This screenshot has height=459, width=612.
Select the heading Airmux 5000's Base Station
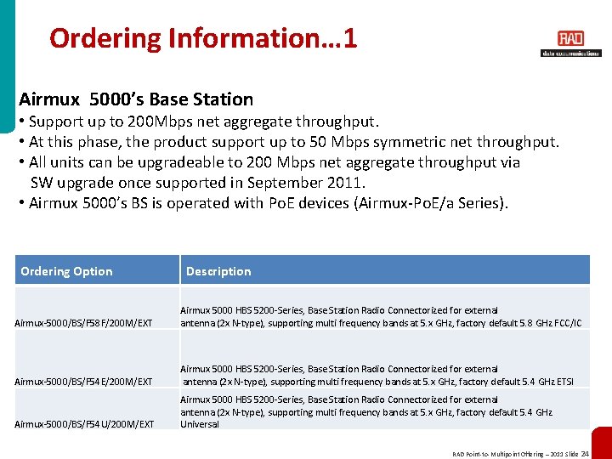coord(136,99)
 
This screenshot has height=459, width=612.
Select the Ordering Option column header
coord(66,271)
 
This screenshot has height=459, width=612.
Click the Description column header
coord(218,271)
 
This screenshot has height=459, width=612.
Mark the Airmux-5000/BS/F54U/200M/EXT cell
coord(84,423)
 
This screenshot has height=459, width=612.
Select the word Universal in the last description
coord(200,424)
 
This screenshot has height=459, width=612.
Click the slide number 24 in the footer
coord(585,454)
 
